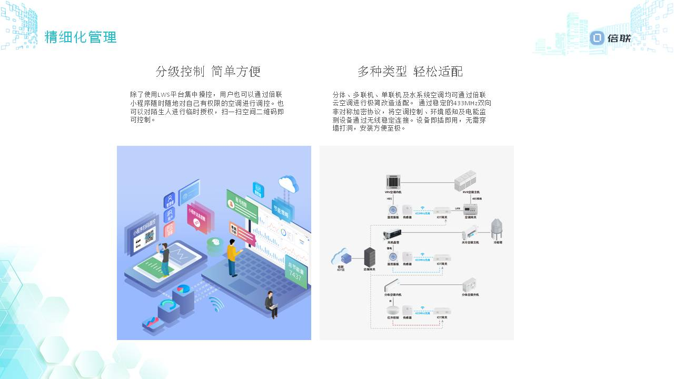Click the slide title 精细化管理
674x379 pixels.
pos(81,37)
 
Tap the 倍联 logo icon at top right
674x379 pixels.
pos(597,38)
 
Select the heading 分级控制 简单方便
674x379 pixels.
pos(208,71)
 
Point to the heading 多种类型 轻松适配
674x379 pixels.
pos(410,71)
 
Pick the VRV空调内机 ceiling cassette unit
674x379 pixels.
pos(393,182)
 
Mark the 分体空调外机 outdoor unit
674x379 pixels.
pos(469,285)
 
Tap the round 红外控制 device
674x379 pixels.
pos(392,310)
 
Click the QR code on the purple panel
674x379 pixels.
pos(149,237)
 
